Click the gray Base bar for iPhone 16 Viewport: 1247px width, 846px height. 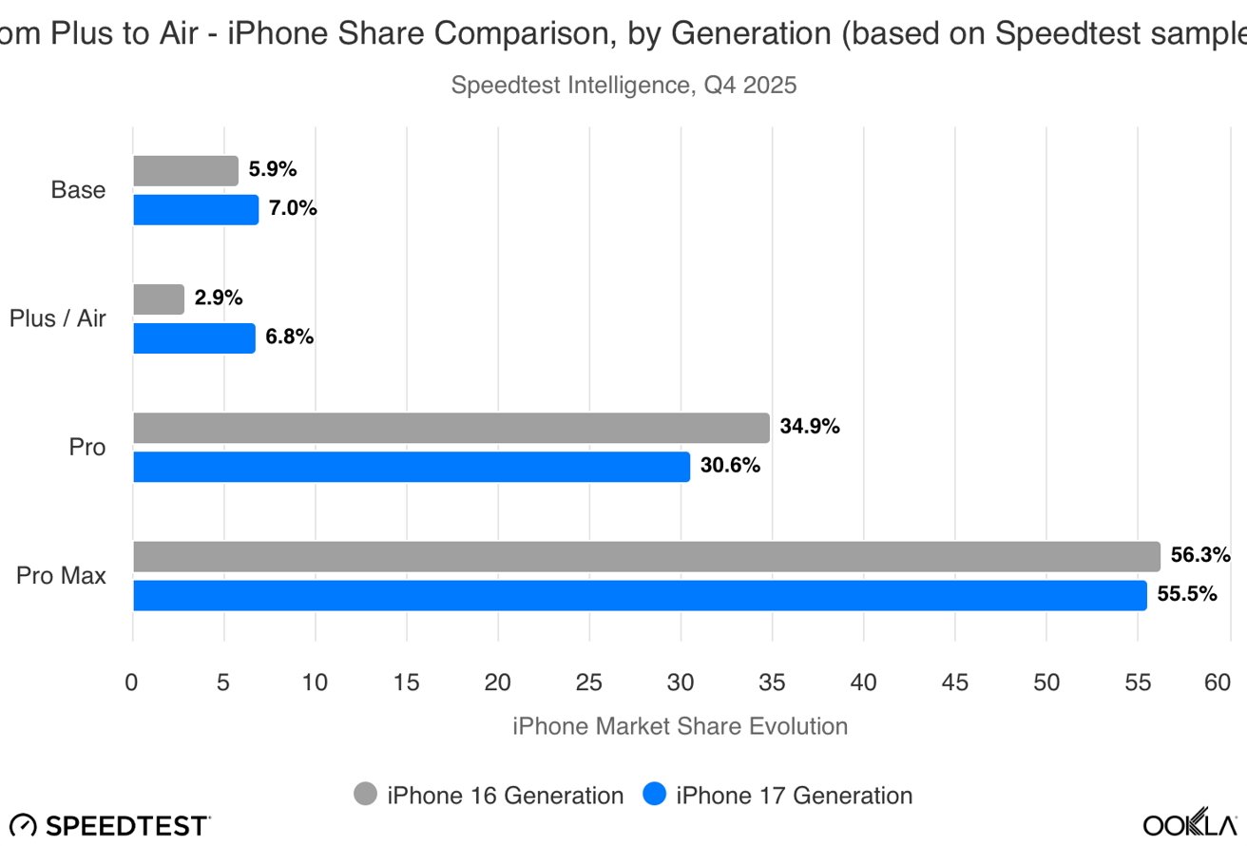[185, 171]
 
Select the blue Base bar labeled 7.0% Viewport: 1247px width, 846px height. [195, 209]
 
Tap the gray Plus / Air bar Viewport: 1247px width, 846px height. [159, 299]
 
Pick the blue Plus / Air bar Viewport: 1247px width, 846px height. [194, 338]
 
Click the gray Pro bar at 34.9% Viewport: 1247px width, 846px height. [451, 428]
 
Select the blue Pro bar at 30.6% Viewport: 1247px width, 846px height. [411, 467]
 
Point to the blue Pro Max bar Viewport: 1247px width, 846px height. [639, 595]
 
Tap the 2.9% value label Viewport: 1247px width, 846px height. [219, 298]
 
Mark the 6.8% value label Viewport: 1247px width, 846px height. [290, 337]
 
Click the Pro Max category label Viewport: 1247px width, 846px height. [61, 575]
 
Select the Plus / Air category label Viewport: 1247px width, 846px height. [58, 318]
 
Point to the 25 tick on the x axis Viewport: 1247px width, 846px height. [589, 683]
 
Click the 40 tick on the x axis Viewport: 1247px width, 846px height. [863, 683]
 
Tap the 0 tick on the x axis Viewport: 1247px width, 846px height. [132, 683]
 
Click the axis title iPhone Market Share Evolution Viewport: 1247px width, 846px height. [680, 727]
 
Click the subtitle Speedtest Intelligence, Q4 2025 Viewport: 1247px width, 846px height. [623, 86]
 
